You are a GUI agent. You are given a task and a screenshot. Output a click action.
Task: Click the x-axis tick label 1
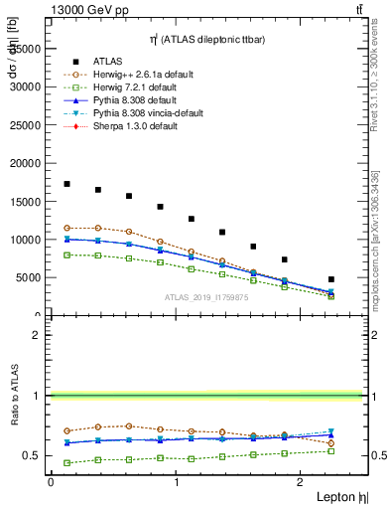coord(176,481)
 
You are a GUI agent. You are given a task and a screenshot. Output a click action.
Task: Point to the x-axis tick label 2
coord(303,481)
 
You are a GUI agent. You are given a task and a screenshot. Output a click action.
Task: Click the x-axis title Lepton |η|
coord(341,496)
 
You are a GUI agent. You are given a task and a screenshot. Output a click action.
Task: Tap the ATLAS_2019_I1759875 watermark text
coord(205,297)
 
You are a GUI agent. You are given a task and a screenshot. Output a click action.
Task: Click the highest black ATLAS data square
coord(66,184)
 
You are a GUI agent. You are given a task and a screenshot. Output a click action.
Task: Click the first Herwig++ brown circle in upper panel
coord(66,228)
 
